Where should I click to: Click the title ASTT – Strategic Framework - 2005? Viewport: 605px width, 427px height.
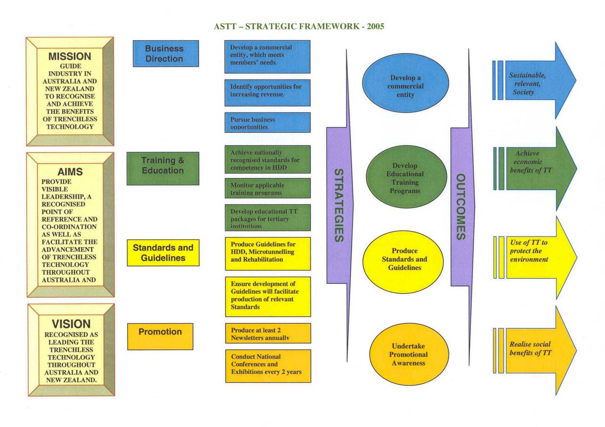click(x=299, y=26)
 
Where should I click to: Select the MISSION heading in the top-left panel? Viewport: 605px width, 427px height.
click(x=70, y=56)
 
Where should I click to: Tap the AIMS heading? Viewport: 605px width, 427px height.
click(x=70, y=172)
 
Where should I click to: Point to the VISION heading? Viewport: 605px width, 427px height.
click(x=71, y=324)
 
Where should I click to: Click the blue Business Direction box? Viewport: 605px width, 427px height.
click(x=165, y=54)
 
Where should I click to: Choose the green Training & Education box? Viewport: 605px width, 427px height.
click(x=163, y=168)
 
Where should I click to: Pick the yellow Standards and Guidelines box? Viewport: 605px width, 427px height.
click(x=163, y=253)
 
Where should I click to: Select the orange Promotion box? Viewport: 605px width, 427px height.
click(x=160, y=336)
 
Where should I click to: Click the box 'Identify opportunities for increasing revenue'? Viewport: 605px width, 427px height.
click(x=267, y=92)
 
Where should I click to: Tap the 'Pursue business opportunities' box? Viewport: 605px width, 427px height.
click(x=267, y=122)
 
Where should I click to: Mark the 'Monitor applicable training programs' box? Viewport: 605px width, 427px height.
click(x=267, y=188)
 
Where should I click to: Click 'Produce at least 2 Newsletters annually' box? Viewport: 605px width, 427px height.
click(x=268, y=333)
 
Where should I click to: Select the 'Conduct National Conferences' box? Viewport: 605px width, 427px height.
click(x=268, y=366)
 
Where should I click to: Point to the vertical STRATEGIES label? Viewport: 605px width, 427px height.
click(x=339, y=205)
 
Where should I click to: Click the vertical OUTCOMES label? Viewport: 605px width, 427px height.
click(x=461, y=207)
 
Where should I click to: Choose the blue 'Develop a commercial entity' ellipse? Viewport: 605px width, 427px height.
click(x=405, y=83)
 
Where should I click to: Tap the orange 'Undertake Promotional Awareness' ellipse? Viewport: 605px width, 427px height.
click(x=409, y=354)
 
